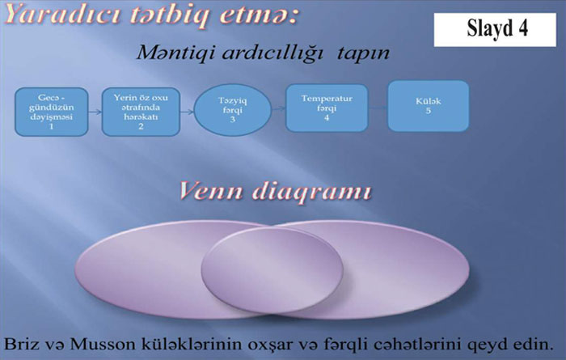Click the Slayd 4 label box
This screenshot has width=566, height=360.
point(495,30)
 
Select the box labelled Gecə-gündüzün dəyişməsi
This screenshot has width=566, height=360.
point(51,112)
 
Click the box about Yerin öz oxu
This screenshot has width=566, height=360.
point(141,112)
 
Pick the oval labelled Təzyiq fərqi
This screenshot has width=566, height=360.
point(233,110)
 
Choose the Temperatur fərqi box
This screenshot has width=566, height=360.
point(327,108)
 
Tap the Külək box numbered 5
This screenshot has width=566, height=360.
point(428,106)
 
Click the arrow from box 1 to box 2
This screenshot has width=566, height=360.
point(95,112)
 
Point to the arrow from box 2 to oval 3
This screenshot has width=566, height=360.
point(187,112)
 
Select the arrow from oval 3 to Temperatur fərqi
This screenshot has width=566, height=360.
point(278,108)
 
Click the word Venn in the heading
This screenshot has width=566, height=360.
point(210,192)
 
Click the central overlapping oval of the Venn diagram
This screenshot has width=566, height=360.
point(272,270)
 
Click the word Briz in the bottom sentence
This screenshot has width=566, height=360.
point(21,344)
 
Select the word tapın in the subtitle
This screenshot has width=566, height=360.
point(364,54)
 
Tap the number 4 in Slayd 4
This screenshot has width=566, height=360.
point(523,28)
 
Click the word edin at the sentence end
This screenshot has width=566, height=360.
point(536,344)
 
